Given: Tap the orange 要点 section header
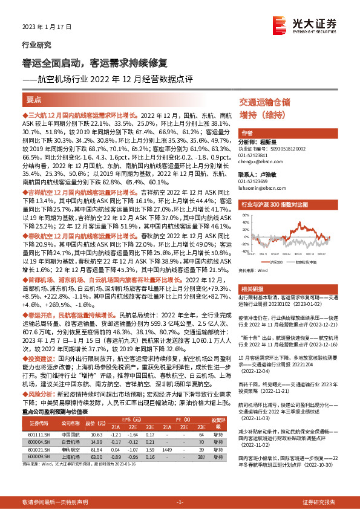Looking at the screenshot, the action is (x=34, y=99).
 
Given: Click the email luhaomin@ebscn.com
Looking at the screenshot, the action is (x=257, y=187).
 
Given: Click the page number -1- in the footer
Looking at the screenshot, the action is (x=179, y=502).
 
